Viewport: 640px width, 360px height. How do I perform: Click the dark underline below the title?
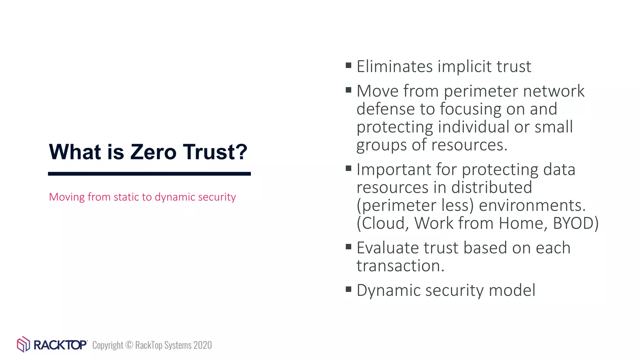tap(149, 174)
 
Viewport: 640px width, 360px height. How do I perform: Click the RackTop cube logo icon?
tap(23, 344)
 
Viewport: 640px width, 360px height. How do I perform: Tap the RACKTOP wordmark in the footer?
tap(60, 345)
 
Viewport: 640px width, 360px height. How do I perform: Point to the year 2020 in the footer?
tap(202, 345)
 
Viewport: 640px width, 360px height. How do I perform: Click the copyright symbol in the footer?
tap(129, 345)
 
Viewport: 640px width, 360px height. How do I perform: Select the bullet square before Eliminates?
tap(349, 65)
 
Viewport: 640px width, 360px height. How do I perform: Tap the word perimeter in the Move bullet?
tap(481, 91)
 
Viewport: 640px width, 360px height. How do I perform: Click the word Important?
tap(394, 170)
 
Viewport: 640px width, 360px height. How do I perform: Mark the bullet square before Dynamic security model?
tap(349, 289)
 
